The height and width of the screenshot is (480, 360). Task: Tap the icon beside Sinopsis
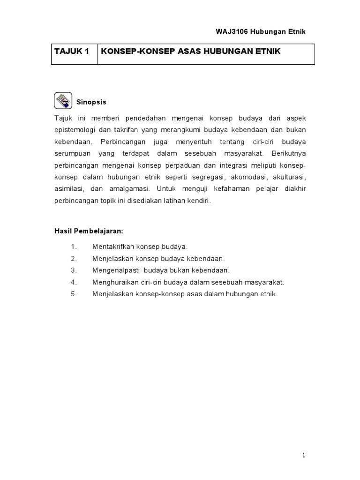pos(63,101)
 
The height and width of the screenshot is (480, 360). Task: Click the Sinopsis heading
pos(91,102)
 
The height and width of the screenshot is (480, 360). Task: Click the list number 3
pos(73,270)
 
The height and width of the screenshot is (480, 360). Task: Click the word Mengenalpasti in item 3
pos(114,270)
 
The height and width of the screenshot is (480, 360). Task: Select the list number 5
pos(73,294)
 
